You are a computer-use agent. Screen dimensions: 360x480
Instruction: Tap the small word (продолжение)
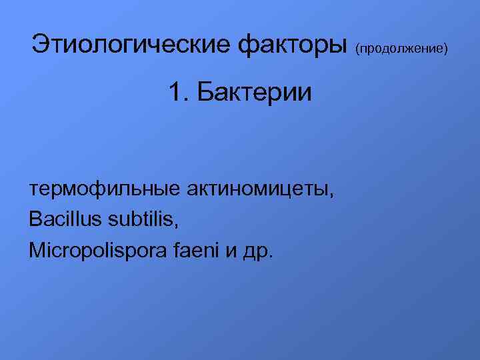pos(402,49)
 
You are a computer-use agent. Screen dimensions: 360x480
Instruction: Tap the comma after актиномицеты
pos(331,195)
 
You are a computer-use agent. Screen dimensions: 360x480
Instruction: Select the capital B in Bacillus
pos(35,219)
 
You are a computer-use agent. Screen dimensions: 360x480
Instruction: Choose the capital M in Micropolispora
pos(36,251)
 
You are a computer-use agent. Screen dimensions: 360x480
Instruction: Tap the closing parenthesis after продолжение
pos(446,49)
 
